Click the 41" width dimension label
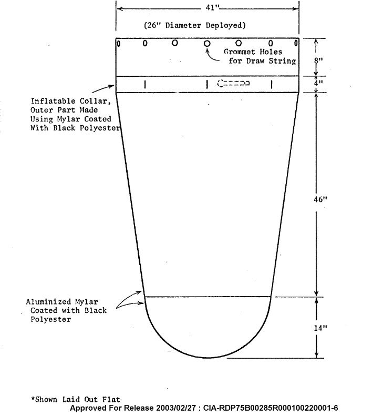(x=213, y=7)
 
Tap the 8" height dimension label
(x=318, y=60)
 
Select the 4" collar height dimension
(x=318, y=83)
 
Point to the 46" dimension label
(x=320, y=199)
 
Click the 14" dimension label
(x=320, y=328)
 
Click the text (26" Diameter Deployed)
(x=195, y=25)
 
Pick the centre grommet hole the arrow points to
(x=207, y=44)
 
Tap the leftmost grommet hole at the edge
(x=119, y=44)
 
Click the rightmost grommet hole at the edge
(x=296, y=43)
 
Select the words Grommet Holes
(x=253, y=52)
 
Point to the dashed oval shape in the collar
(x=233, y=83)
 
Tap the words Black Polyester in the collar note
(x=87, y=128)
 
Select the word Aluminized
(x=48, y=302)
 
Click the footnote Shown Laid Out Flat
(x=76, y=399)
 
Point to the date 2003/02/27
(x=175, y=408)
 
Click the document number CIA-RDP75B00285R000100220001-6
(x=271, y=408)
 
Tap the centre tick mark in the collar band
(x=207, y=85)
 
